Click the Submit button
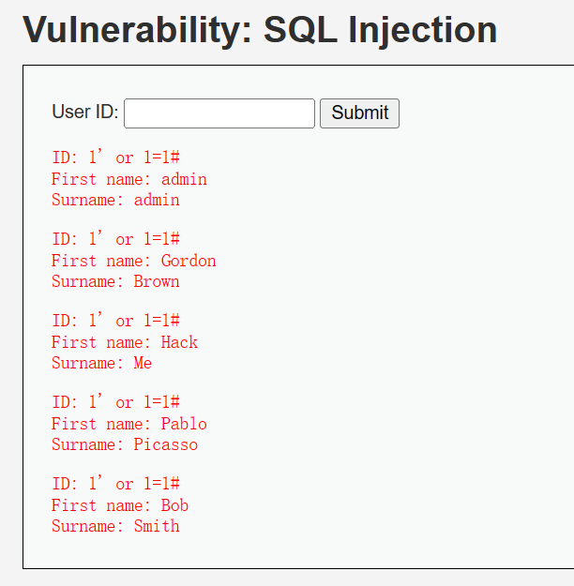pyautogui.click(x=360, y=113)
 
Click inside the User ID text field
pyautogui.click(x=219, y=113)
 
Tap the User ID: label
pyautogui.click(x=85, y=112)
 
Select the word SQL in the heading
pyautogui.click(x=300, y=30)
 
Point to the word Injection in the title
pyautogui.click(x=423, y=30)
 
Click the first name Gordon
pyautogui.click(x=189, y=261)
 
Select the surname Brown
pyautogui.click(x=157, y=281)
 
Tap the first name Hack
pyautogui.click(x=179, y=342)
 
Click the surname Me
pyautogui.click(x=143, y=363)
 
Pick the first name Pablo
pyautogui.click(x=184, y=424)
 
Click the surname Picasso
pyautogui.click(x=166, y=444)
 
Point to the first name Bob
pyautogui.click(x=174, y=505)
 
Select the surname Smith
pyautogui.click(x=157, y=526)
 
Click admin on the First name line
pyautogui.click(x=184, y=179)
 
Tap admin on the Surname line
pyautogui.click(x=157, y=200)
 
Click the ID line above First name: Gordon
pyautogui.click(x=116, y=238)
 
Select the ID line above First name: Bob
pyautogui.click(x=116, y=483)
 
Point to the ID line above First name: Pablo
pyautogui.click(x=116, y=401)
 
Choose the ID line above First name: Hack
pyautogui.click(x=116, y=321)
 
